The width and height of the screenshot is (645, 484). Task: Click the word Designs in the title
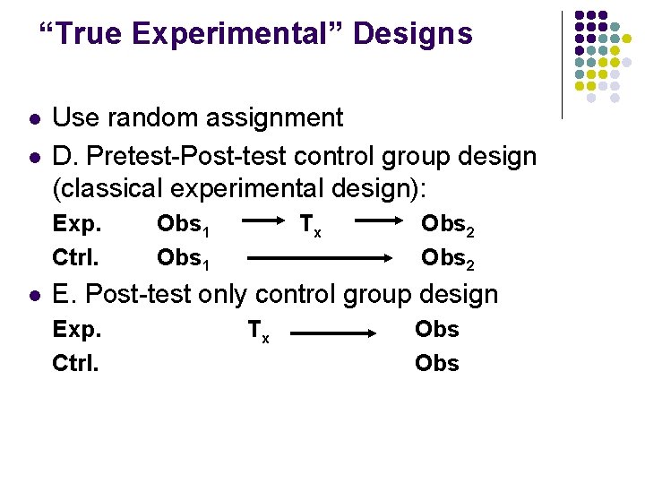[413, 34]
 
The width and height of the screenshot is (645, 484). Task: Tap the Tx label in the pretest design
[310, 226]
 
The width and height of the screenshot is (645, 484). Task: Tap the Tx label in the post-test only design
[258, 332]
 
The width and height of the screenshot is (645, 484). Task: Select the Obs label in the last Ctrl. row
[436, 363]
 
